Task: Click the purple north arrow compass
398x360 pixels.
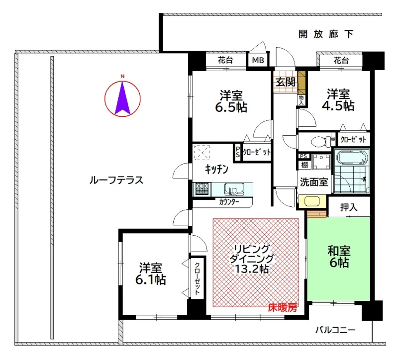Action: click(122, 98)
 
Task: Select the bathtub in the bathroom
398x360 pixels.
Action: click(351, 157)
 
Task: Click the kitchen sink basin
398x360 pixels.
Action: click(234, 189)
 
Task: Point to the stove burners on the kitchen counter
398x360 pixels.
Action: click(202, 189)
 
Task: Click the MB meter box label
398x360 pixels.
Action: click(258, 60)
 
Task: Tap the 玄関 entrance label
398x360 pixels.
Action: click(286, 82)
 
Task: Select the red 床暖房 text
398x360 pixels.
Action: click(282, 308)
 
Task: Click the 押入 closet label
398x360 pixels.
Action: click(349, 207)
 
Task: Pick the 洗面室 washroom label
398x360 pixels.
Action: click(314, 182)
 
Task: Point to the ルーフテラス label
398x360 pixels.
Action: click(116, 180)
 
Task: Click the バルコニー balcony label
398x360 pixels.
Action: click(335, 330)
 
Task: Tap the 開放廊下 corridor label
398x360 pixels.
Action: click(326, 34)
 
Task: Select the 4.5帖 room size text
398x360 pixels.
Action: click(338, 105)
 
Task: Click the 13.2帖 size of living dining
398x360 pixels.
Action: click(252, 269)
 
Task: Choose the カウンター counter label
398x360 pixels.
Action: click(229, 202)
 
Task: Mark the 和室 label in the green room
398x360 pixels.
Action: click(339, 251)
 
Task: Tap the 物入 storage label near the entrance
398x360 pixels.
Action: click(301, 100)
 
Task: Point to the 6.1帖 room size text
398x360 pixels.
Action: click(151, 279)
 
